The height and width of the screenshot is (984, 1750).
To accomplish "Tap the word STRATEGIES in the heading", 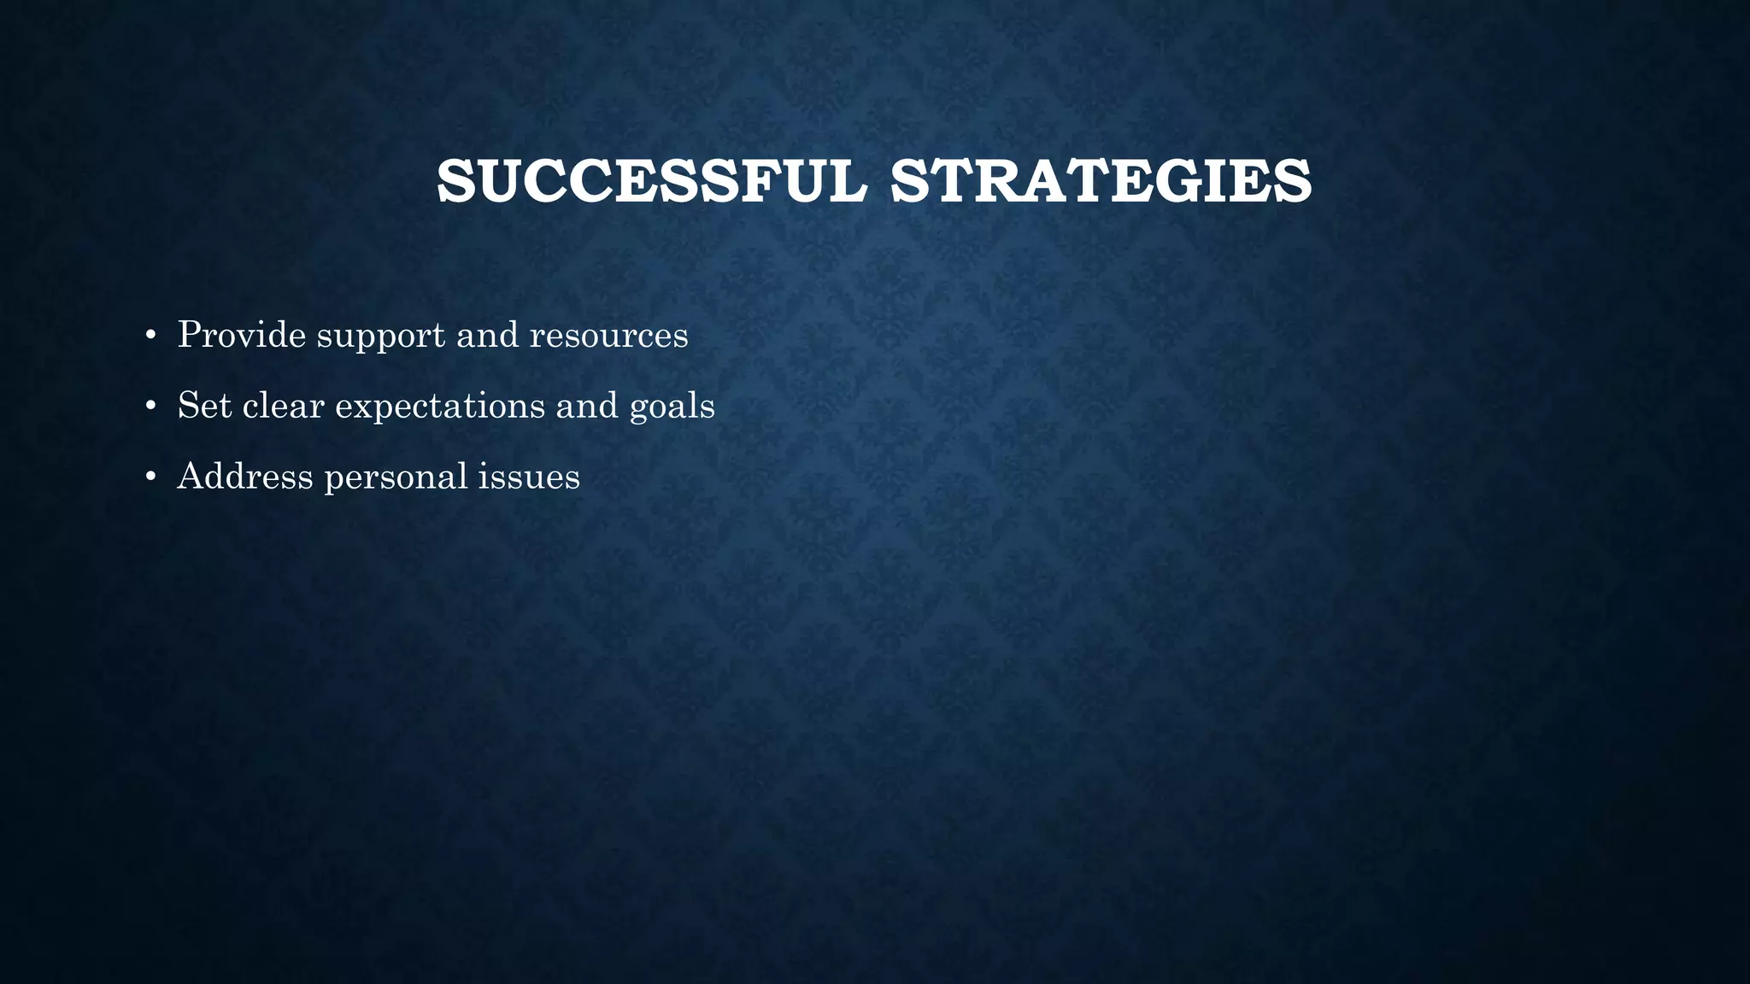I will coord(1101,182).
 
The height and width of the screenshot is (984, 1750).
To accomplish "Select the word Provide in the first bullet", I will coord(242,334).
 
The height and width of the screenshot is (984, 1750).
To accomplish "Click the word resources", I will coord(608,335).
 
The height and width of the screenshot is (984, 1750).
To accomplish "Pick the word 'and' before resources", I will coord(487,334).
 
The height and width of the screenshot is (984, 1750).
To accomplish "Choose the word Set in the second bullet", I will coord(204,405).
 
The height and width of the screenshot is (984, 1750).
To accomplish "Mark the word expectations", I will coord(439,407).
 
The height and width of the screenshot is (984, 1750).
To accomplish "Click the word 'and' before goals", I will coord(587,405).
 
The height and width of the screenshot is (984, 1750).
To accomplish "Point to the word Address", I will coord(245,476).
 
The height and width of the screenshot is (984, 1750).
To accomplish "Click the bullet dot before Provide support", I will coord(150,336).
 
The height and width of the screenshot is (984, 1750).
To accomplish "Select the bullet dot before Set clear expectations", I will coord(150,407).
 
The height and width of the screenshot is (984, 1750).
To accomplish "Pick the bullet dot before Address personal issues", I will coord(150,477).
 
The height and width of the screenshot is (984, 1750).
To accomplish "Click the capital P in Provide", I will coord(188,334).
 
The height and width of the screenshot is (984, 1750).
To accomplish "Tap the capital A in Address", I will coord(191,476).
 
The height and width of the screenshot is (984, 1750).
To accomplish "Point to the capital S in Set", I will coord(187,405).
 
